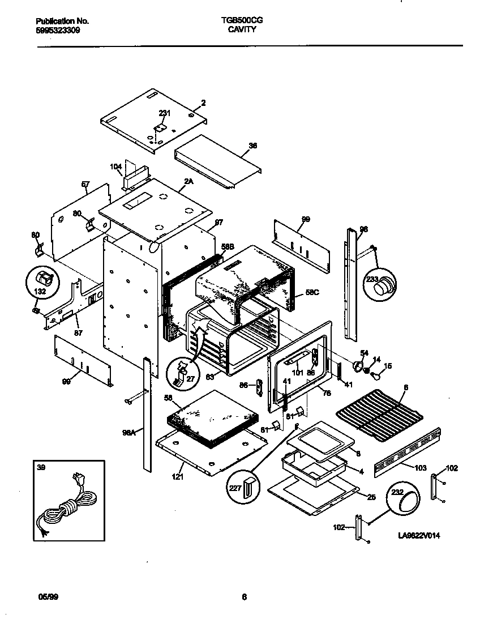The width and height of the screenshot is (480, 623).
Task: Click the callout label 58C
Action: click(x=312, y=293)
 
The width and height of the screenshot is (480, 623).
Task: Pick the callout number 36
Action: click(x=253, y=146)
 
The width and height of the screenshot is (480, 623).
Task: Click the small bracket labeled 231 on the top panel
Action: click(x=160, y=129)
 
